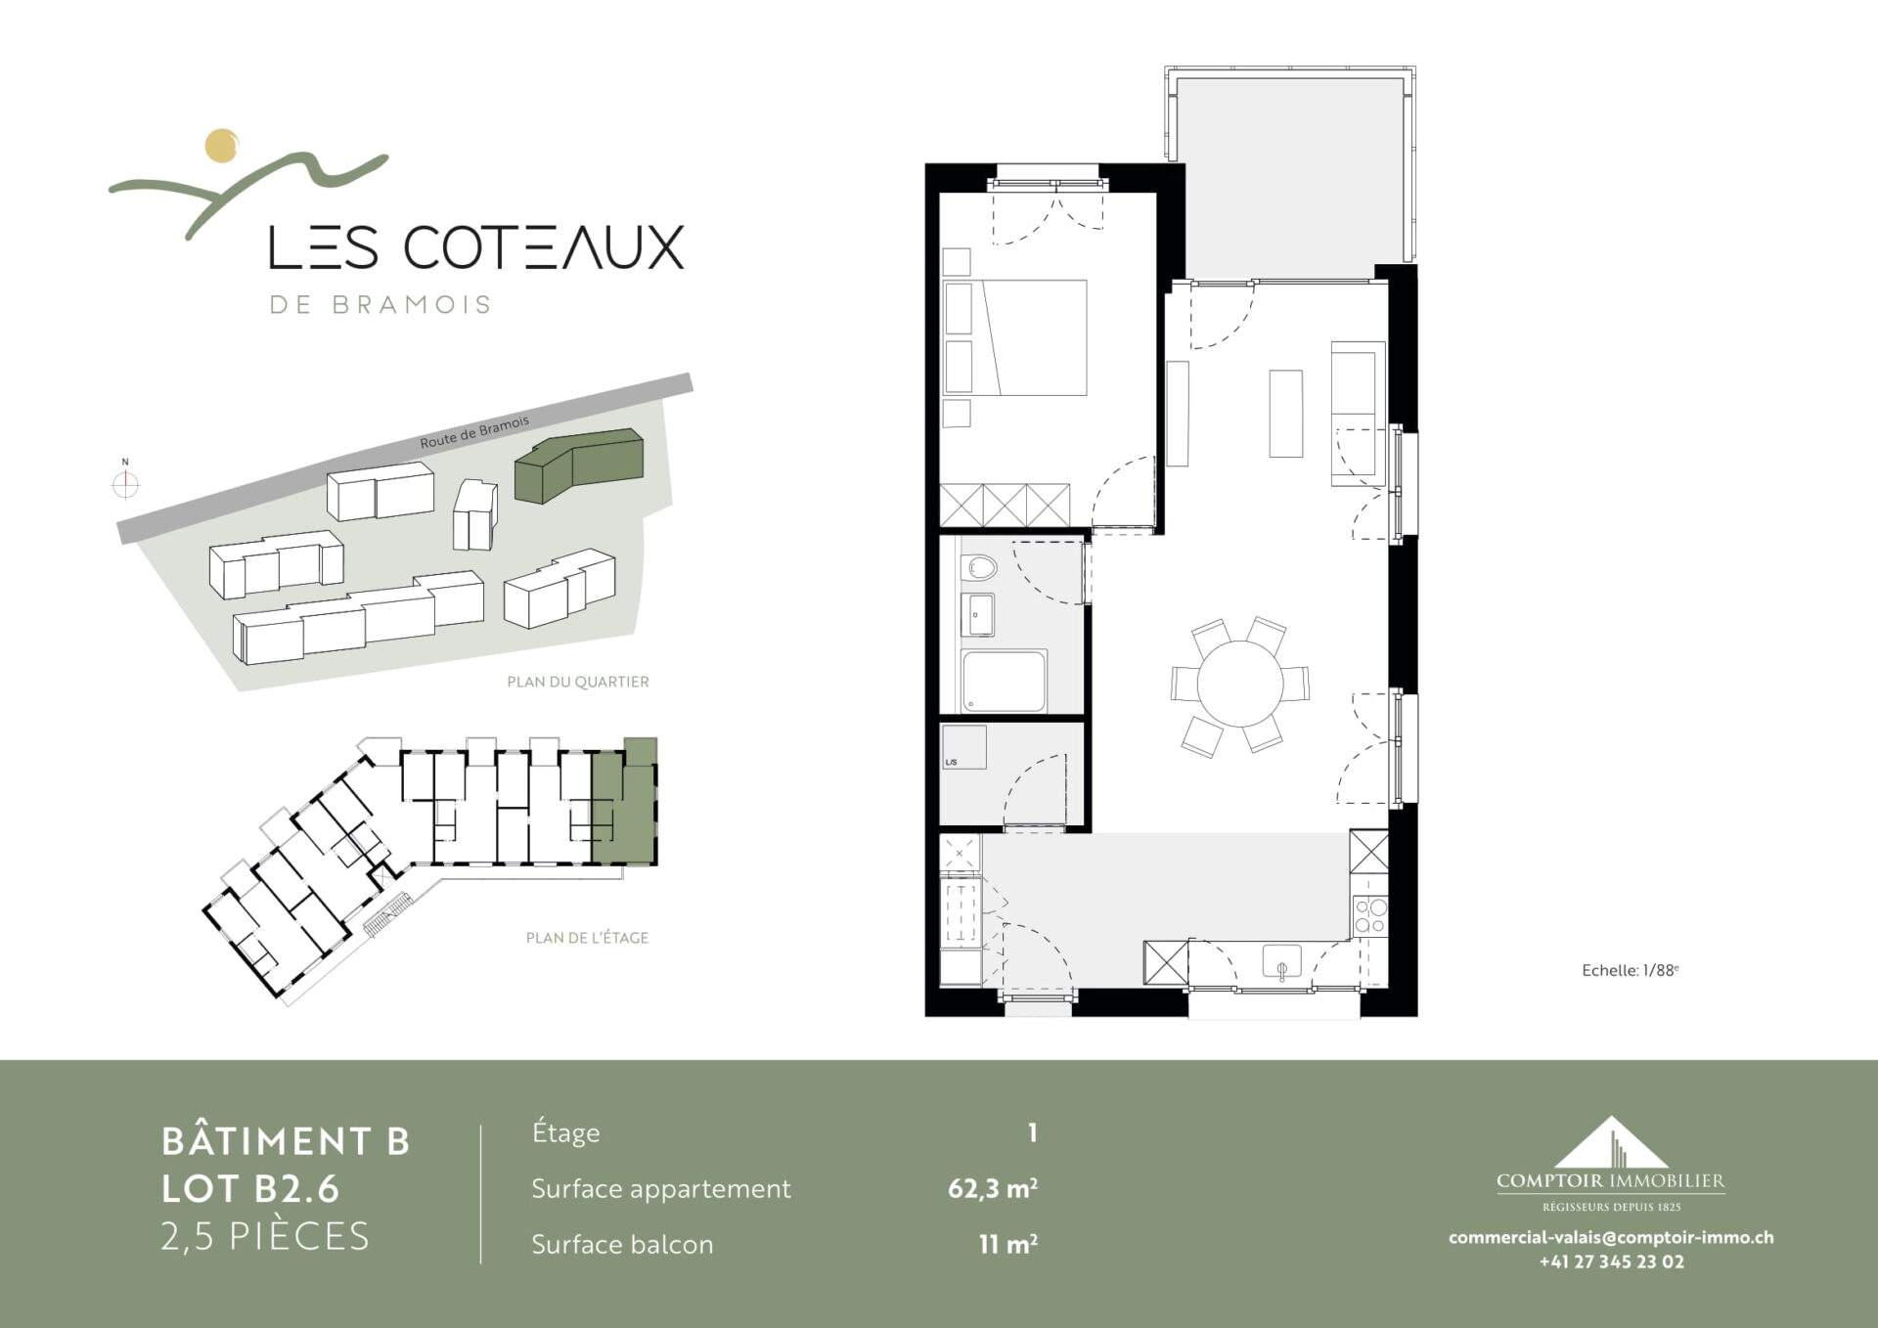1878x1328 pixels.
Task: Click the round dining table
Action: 1240,683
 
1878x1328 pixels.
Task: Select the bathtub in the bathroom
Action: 1005,681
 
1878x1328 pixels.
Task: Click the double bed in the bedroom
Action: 1015,337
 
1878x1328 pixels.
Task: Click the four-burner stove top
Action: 1369,915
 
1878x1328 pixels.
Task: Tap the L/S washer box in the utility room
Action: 963,747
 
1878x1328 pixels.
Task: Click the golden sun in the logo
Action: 222,145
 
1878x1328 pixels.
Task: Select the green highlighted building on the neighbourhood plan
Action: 579,465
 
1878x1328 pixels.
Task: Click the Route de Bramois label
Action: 474,431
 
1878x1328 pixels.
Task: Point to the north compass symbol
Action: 125,482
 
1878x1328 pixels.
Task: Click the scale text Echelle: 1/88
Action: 1630,970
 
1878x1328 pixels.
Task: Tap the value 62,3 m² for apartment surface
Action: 993,1188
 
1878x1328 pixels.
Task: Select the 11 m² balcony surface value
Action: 1008,1244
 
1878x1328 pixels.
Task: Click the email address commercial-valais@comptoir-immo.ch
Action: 1611,1237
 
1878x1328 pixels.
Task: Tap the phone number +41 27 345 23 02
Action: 1612,1262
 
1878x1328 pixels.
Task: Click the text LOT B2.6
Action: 250,1188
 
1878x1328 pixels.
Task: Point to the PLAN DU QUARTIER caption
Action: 578,682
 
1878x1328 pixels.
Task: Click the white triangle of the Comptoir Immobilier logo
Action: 1610,1142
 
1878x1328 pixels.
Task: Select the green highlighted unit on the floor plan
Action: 624,802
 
